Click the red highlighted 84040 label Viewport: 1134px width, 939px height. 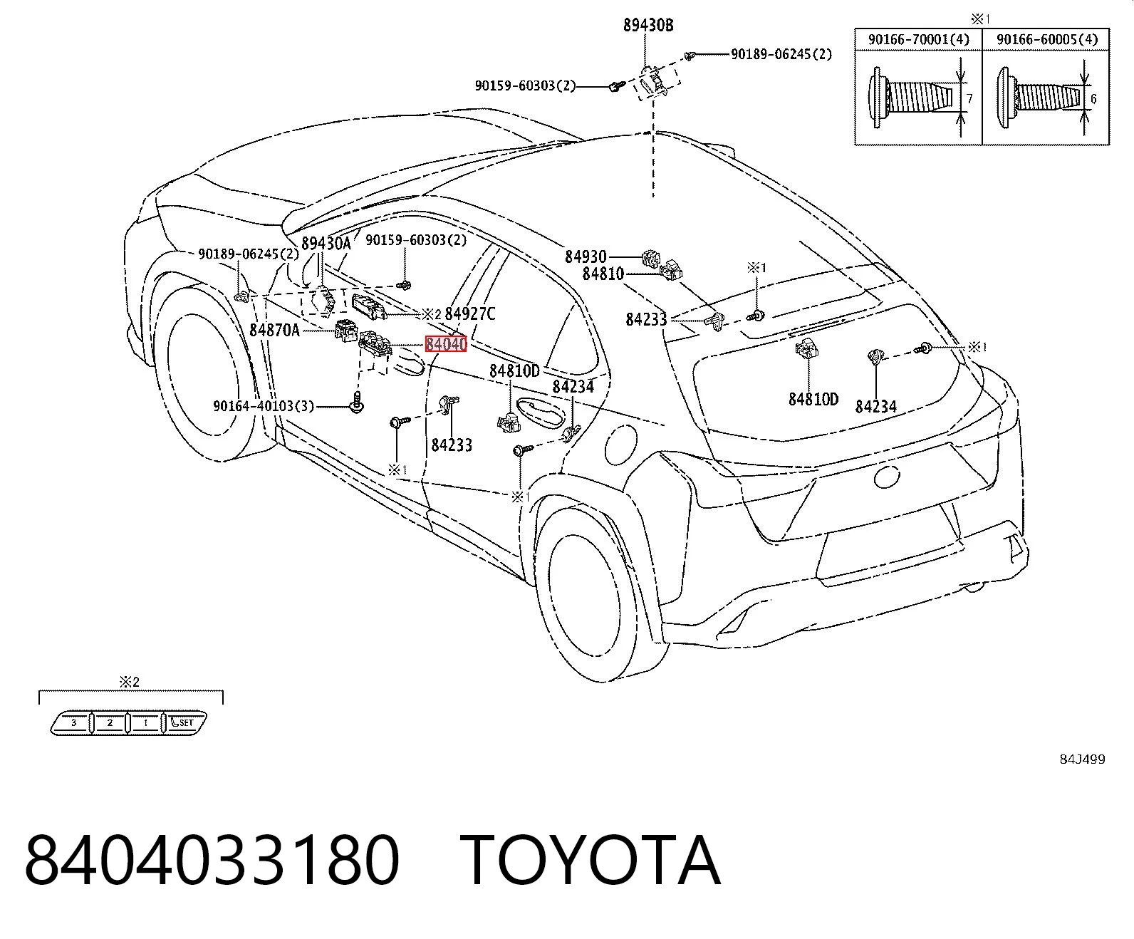(x=446, y=344)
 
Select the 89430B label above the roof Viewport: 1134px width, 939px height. (x=648, y=25)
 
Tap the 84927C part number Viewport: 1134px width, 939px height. (x=470, y=314)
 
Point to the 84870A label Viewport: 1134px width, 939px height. (x=274, y=329)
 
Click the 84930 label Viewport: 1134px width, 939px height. (x=586, y=256)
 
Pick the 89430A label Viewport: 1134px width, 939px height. (x=326, y=243)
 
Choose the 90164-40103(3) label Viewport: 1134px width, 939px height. (x=264, y=406)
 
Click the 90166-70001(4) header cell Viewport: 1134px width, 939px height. (x=918, y=40)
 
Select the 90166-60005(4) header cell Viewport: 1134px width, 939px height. (x=1046, y=40)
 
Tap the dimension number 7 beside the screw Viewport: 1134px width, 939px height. (x=969, y=99)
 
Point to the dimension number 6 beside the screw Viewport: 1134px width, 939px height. (x=1093, y=98)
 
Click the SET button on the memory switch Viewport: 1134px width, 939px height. (x=185, y=722)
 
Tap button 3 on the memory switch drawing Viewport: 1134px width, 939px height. (x=73, y=723)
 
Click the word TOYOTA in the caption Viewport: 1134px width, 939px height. (x=590, y=861)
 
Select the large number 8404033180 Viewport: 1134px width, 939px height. (x=212, y=861)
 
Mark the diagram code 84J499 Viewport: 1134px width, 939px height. (x=1082, y=759)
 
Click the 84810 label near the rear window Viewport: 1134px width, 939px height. (x=603, y=274)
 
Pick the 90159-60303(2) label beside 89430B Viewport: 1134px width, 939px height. (x=525, y=86)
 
